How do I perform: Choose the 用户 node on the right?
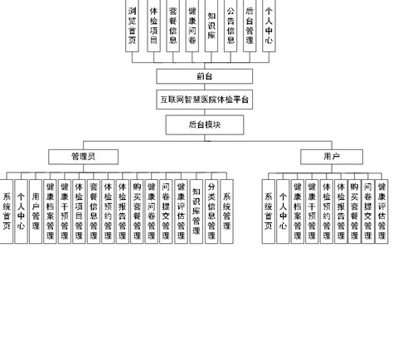(x=332, y=155)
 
